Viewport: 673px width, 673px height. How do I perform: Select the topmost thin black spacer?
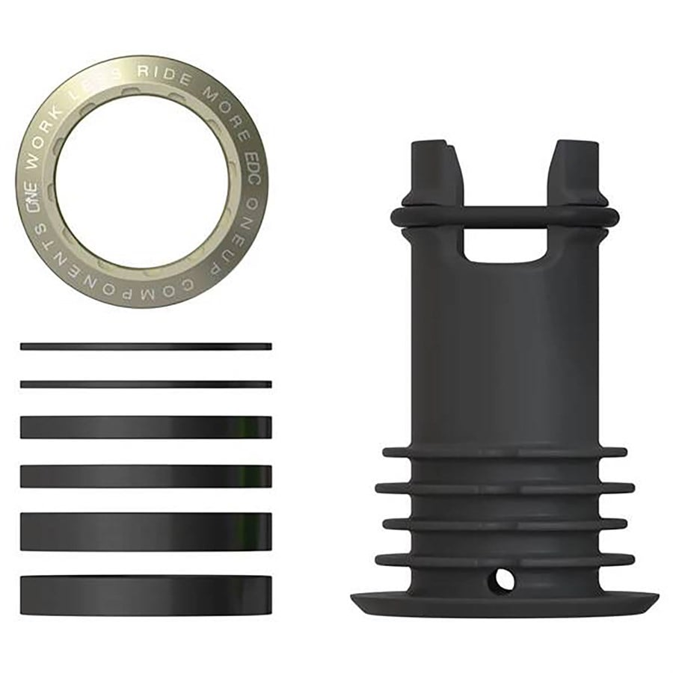(146, 346)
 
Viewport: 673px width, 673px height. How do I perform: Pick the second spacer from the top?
(146, 384)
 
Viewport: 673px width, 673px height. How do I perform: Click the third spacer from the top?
(146, 427)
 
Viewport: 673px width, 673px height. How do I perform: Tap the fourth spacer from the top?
(146, 476)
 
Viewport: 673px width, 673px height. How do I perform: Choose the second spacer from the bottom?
(146, 531)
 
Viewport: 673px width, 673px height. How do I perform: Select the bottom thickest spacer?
(146, 594)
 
